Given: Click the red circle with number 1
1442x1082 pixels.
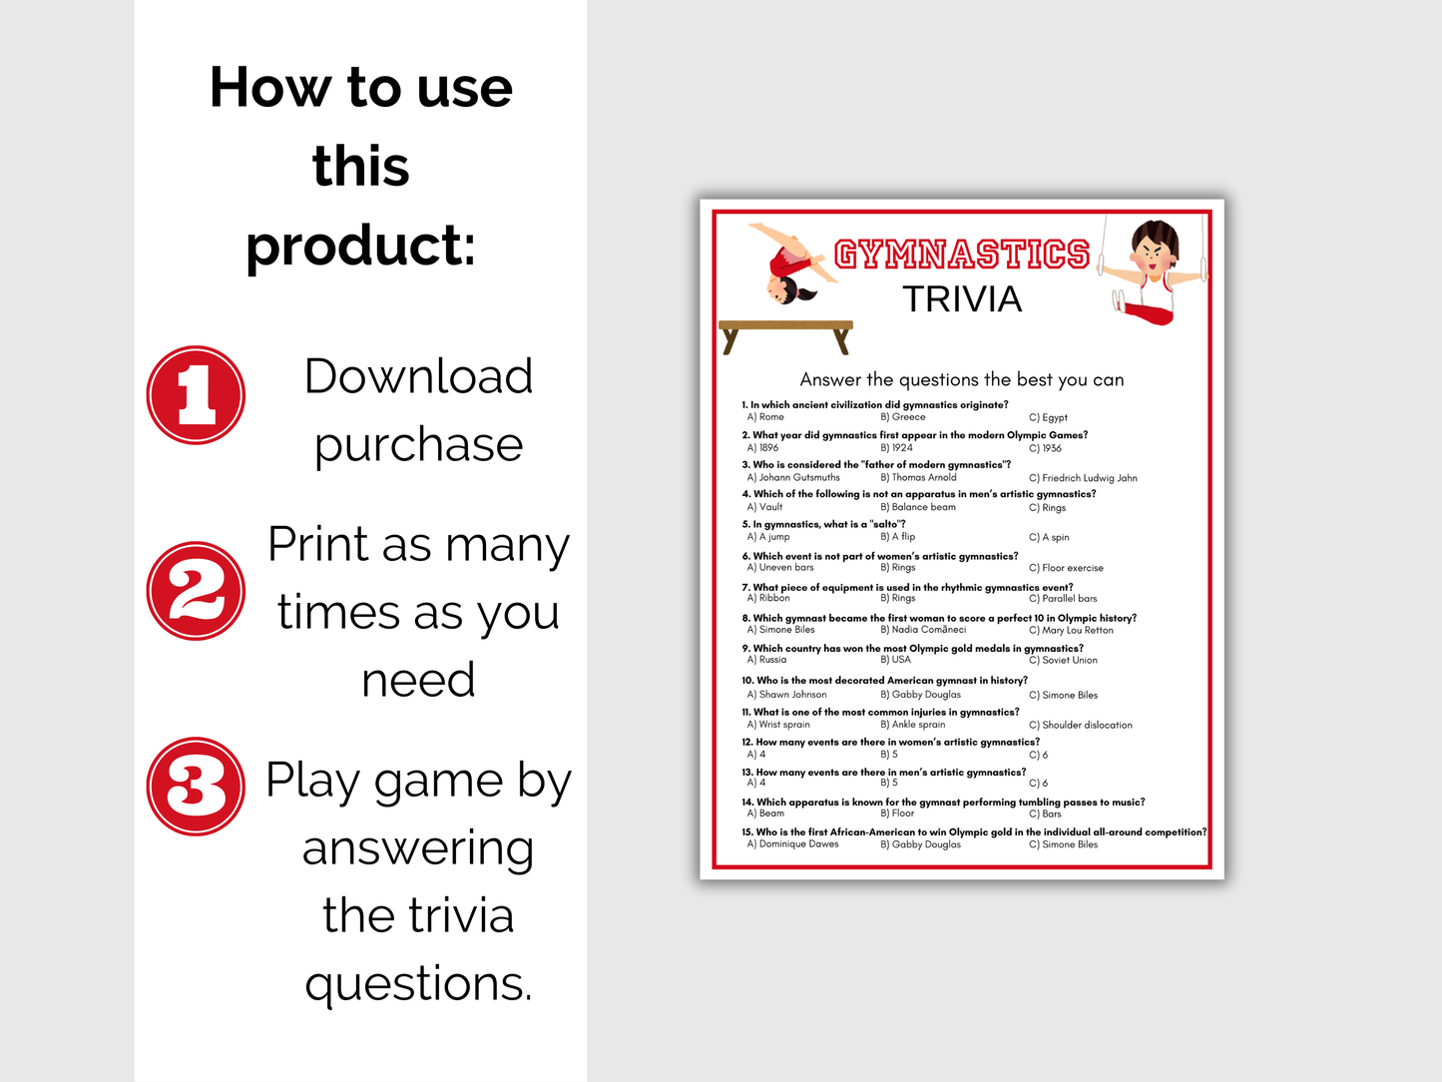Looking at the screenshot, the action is click(x=196, y=395).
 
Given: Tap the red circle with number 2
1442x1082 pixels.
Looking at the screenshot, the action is click(x=196, y=591).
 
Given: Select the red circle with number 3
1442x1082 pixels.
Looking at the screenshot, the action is click(x=196, y=787).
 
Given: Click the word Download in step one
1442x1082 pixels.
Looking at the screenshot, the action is click(x=418, y=376).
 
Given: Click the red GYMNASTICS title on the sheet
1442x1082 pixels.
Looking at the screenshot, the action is click(x=962, y=255).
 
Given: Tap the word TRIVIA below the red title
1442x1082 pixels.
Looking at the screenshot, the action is click(x=962, y=299).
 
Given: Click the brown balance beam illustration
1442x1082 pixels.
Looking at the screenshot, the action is click(x=785, y=335).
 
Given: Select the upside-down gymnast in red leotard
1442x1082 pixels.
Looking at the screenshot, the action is click(x=793, y=264).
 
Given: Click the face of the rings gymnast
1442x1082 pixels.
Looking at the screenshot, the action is click(x=1154, y=253).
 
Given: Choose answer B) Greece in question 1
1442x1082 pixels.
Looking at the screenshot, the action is click(x=903, y=417).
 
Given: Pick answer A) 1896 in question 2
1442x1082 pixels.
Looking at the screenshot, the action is click(x=762, y=448).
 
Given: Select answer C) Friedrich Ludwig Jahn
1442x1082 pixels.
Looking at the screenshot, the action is click(x=1083, y=478).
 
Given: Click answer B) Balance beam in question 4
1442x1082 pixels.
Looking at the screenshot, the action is click(x=918, y=507).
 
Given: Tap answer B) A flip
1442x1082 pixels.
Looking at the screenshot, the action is click(x=897, y=537).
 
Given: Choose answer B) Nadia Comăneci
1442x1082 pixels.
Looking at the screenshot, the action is click(x=923, y=630).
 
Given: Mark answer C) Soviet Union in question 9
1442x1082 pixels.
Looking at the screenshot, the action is click(x=1063, y=660).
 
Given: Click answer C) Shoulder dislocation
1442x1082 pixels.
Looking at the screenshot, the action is click(x=1081, y=726).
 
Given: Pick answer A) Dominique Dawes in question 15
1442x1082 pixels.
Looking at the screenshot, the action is click(x=792, y=844).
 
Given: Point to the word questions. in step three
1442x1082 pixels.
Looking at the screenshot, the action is click(x=418, y=985).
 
